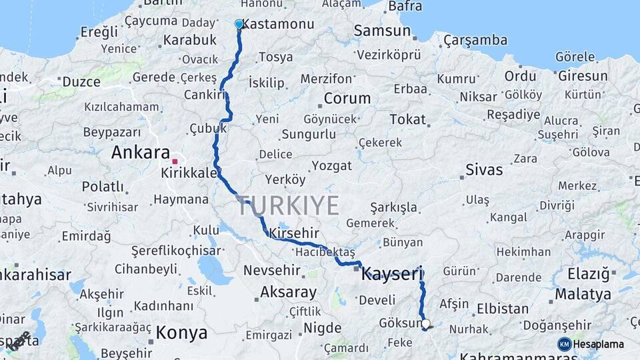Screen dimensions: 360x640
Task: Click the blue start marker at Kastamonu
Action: tap(239, 24)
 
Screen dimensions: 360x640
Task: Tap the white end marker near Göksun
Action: tap(426, 325)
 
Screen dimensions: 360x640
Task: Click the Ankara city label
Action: tap(141, 152)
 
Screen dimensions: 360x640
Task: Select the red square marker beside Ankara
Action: tap(175, 161)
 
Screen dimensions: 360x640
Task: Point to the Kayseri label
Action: tap(391, 273)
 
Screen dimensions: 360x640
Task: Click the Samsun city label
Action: tap(381, 30)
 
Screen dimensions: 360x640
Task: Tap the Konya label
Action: tap(181, 332)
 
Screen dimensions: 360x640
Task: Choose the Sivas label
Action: tap(484, 169)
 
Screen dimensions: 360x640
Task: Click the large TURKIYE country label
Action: tap(287, 206)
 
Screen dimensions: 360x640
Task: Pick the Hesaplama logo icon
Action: tap(565, 344)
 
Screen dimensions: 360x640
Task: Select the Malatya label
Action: tap(583, 294)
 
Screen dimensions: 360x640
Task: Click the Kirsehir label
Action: tap(294, 233)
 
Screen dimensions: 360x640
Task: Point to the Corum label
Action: tap(347, 99)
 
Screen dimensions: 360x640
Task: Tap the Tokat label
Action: tap(407, 119)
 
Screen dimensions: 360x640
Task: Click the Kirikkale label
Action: tap(189, 173)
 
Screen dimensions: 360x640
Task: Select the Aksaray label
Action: tap(288, 292)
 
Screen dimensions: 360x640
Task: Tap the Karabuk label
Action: tap(190, 39)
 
